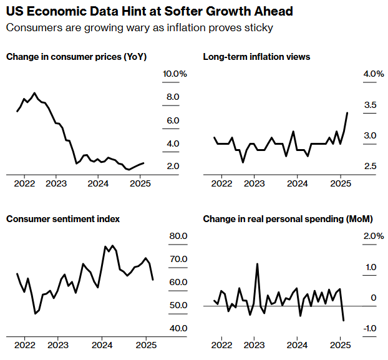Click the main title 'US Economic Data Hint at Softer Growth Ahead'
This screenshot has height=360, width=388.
click(149, 12)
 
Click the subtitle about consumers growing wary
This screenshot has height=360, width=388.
click(140, 28)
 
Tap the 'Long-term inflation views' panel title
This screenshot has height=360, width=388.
click(256, 57)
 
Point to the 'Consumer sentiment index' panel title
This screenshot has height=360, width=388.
click(63, 219)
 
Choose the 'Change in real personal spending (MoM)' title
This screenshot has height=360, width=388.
click(288, 219)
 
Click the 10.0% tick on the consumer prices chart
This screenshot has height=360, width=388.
click(175, 74)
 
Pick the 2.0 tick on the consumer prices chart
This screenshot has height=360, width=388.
click(173, 167)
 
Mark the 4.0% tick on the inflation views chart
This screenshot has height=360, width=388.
click(373, 74)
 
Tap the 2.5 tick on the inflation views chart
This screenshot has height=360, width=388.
click(371, 167)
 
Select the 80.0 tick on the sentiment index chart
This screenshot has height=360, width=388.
click(178, 236)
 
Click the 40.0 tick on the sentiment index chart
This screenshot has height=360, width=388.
click(178, 329)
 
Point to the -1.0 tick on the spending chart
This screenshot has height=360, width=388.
click(371, 329)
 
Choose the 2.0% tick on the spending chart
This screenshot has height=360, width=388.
click(373, 236)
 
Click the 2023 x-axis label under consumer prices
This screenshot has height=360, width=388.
click(56, 183)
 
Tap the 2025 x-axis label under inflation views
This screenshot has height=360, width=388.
click(340, 183)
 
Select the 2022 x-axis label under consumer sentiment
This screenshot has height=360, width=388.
click(24, 345)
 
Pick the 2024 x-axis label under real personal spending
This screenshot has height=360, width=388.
click(297, 345)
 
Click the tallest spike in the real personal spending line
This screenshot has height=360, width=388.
click(257, 264)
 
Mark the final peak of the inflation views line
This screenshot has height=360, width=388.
click(347, 113)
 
